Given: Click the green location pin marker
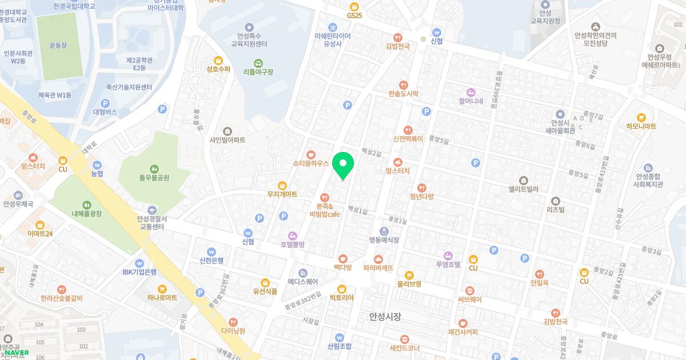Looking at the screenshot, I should coord(343,166).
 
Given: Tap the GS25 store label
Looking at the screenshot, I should coord(354,15).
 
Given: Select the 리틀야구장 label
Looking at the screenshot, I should coord(258,72).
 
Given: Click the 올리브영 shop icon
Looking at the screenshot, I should coord(409,275).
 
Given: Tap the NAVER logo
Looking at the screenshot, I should coord(17,353).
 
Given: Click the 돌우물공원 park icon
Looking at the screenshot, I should coord(154,169).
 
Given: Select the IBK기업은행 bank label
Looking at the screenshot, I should coord(139,272).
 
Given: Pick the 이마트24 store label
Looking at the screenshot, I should coord(40,233).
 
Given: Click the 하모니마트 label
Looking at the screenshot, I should coord(641,126).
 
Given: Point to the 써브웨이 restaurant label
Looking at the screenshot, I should coord(469,299).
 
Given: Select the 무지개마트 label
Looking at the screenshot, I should coord(282,194).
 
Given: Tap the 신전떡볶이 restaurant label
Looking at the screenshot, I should coord(408,138).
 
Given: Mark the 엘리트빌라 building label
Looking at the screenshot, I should coord(523,189).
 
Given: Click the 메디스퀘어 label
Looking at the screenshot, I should coord(302,282).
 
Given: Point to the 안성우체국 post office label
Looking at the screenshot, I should coord(18,203).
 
